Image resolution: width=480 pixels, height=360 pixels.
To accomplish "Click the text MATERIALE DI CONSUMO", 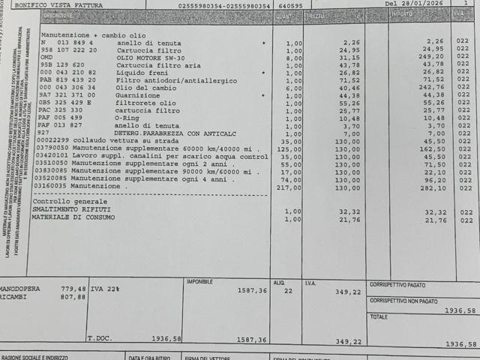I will tap(73, 217).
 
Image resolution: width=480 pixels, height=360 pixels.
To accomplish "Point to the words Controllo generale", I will tap(68, 202).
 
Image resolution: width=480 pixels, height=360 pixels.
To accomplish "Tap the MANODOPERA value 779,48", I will tap(73, 288).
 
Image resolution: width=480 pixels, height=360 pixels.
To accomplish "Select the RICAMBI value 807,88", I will tap(73, 297).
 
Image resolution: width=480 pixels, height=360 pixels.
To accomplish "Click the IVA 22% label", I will tap(103, 288).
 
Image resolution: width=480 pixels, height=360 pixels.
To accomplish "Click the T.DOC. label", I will tap(100, 338).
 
